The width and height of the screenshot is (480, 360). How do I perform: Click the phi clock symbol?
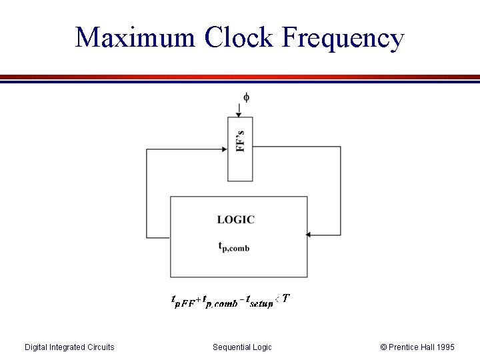tap(246, 98)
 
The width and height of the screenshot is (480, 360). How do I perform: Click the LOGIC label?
tap(235, 219)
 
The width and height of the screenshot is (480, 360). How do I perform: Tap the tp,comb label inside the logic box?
tap(234, 247)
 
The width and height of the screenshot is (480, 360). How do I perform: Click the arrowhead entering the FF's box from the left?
tap(224, 149)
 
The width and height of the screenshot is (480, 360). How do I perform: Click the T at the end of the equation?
tap(285, 299)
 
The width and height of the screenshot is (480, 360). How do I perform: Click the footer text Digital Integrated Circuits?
tap(69, 347)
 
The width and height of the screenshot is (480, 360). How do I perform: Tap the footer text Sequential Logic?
tap(242, 347)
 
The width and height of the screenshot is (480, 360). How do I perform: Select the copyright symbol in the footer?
tap(383, 347)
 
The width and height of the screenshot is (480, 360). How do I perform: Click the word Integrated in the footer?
tap(67, 347)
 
